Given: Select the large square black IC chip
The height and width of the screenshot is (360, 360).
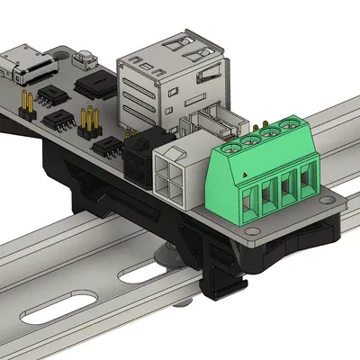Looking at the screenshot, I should [95, 85].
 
